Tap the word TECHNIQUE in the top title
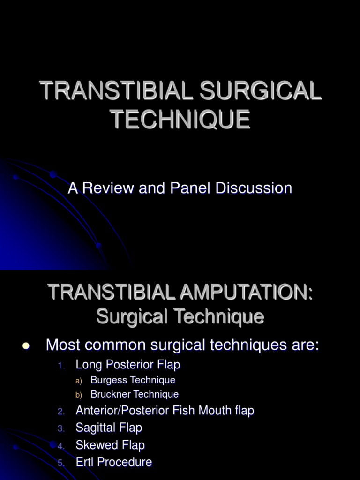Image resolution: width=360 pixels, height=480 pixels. tap(180, 119)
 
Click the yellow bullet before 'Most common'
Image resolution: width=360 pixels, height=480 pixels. tap(26, 346)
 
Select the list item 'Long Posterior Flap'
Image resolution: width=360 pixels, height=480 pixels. tap(128, 364)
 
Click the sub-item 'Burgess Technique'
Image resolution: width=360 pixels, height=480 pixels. tap(133, 380)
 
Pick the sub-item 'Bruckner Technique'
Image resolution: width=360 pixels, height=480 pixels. tap(135, 394)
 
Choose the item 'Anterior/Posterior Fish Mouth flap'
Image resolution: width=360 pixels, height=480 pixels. tap(165, 411)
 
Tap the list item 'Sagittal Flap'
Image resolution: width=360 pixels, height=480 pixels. tap(109, 427)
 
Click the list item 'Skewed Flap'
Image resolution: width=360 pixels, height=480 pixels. tap(110, 445)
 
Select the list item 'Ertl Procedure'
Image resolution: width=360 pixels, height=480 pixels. tap(114, 462)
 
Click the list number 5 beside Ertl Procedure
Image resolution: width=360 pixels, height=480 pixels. tap(60, 463)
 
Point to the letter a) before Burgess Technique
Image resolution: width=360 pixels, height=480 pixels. tap(79, 380)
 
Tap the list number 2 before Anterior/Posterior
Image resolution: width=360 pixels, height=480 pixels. tap(61, 411)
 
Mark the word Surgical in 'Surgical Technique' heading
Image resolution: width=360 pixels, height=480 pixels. tap(128, 317)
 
